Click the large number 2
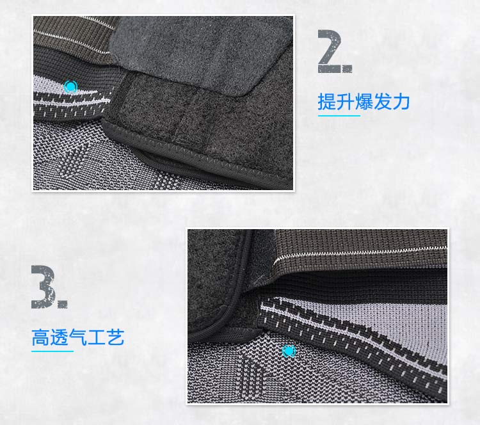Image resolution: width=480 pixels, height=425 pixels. [x=329, y=51]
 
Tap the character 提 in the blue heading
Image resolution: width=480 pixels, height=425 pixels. [x=327, y=102]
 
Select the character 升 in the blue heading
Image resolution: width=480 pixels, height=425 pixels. [x=346, y=102]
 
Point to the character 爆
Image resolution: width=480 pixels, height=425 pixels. [x=364, y=102]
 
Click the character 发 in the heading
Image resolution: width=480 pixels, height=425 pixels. [x=382, y=102]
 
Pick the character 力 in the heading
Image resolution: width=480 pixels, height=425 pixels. [x=401, y=102]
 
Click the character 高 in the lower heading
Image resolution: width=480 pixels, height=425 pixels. [x=41, y=337]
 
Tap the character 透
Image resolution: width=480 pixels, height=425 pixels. [x=59, y=337]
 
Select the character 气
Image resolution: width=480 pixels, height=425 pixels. [x=77, y=337]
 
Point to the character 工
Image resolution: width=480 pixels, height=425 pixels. [x=96, y=337]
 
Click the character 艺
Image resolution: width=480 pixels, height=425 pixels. [x=115, y=337]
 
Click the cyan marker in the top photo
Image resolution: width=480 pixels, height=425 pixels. [x=70, y=86]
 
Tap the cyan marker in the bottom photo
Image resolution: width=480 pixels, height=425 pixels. [x=289, y=351]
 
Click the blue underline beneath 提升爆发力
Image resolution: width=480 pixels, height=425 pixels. [x=339, y=116]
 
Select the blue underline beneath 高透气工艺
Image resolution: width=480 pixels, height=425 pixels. [x=52, y=351]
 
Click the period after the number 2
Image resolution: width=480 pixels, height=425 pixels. [x=347, y=68]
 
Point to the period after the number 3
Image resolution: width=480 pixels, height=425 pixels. [x=62, y=304]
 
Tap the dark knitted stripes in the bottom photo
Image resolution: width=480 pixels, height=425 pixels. [x=252, y=377]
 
